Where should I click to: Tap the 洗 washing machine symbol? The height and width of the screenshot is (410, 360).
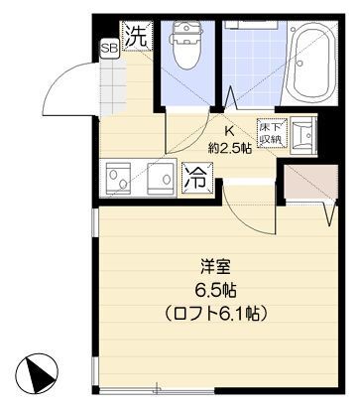138,37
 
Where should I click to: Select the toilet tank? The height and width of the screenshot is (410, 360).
185,30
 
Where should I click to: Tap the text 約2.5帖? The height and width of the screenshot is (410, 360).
229,148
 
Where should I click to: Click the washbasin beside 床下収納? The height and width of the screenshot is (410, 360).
303,134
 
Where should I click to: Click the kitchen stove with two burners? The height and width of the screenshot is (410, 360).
124,179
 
